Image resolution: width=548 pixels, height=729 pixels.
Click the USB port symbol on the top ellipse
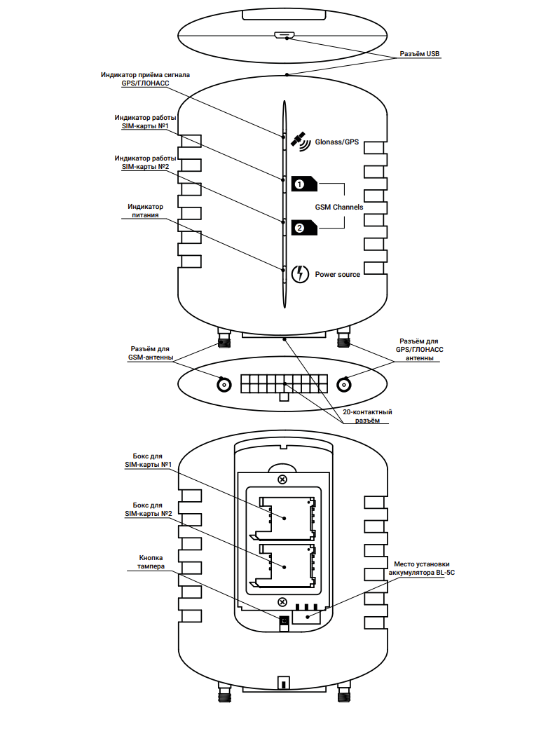(283, 35)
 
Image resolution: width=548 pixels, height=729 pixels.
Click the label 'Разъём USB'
(419, 54)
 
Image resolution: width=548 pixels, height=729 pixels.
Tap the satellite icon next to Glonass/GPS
(301, 142)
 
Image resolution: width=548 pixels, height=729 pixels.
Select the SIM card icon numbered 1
(304, 184)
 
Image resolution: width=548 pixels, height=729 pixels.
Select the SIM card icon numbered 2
(304, 228)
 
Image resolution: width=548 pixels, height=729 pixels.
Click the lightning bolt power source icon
(300, 274)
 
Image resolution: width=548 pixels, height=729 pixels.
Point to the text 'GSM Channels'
(339, 207)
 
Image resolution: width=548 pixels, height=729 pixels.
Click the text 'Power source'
(338, 274)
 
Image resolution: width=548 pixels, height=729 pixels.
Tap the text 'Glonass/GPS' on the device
(336, 142)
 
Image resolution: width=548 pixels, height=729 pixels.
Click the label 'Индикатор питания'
(146, 210)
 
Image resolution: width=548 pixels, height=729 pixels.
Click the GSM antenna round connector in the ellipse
(224, 385)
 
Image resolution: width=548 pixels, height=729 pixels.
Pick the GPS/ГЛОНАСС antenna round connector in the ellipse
(344, 385)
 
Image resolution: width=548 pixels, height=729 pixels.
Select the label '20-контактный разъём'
(367, 416)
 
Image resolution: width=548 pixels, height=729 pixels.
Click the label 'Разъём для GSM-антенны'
(150, 353)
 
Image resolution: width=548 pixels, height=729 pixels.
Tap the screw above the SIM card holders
(282, 479)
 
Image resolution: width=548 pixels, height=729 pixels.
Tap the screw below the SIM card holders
(282, 602)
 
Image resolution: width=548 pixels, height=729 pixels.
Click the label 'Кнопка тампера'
(151, 562)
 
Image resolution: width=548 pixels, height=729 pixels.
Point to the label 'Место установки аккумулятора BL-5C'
(422, 568)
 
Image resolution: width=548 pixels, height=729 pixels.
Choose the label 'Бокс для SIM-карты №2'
(148, 510)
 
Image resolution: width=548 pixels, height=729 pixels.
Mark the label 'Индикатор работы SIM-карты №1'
(145, 122)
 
